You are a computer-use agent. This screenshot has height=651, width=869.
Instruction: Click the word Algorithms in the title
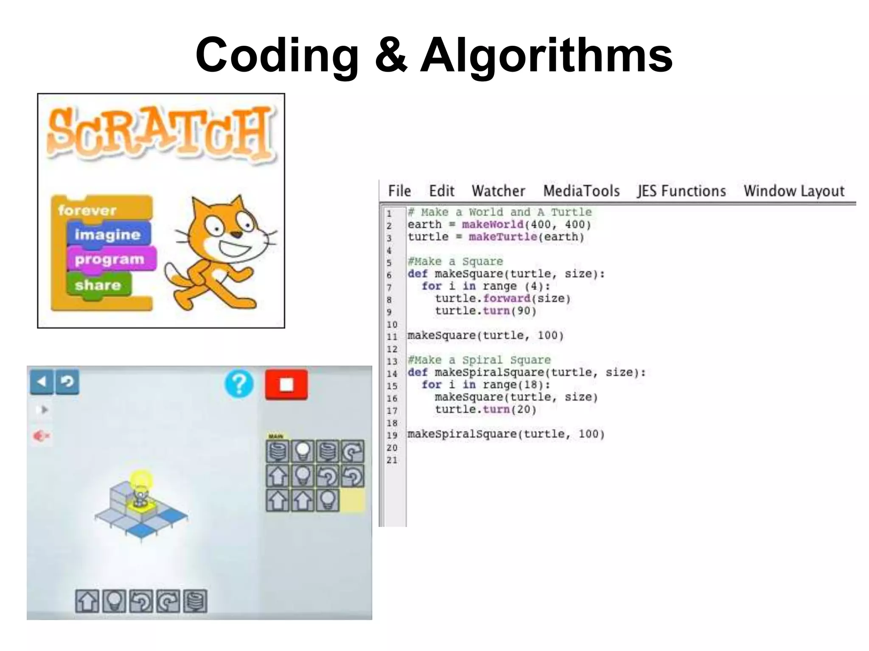(x=546, y=55)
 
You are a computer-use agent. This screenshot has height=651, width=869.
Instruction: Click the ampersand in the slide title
(x=391, y=55)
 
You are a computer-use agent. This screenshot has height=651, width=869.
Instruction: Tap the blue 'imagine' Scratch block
(x=108, y=234)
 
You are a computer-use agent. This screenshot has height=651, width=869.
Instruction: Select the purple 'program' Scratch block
(x=110, y=259)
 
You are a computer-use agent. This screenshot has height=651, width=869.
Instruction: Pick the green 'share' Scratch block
(x=98, y=285)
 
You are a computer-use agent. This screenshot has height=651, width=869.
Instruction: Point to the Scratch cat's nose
(x=237, y=234)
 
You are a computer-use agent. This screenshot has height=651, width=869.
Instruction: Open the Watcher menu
(x=498, y=191)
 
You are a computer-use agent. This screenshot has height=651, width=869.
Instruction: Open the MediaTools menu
(x=581, y=191)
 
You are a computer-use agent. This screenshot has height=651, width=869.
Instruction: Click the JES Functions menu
(x=681, y=191)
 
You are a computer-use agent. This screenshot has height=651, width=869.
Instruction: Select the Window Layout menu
(x=794, y=191)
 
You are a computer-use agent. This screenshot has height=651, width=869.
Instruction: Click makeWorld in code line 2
(x=492, y=225)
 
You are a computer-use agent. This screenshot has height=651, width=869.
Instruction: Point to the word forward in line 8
(x=507, y=298)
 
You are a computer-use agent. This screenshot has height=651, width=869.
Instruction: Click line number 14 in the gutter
(x=392, y=373)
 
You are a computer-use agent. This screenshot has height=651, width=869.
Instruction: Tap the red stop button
(x=286, y=384)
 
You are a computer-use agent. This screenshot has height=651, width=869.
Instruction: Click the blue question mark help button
(x=239, y=384)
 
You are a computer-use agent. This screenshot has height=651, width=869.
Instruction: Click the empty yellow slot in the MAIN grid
(x=353, y=501)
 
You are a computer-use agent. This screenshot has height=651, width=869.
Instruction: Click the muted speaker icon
(x=41, y=436)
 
